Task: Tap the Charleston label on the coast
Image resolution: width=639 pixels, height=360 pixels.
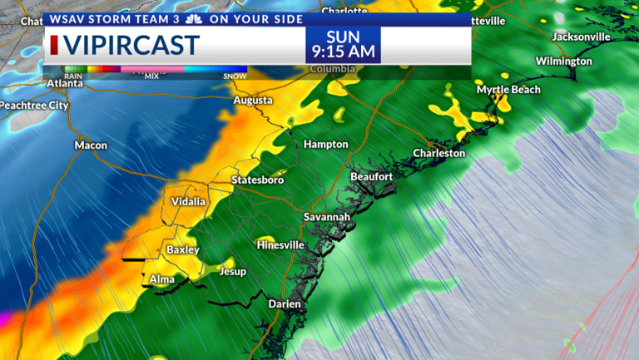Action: pos(439,154)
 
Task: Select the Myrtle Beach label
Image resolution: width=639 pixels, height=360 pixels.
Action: pos(508,90)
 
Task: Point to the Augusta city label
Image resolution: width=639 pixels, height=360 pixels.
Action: pos(253,101)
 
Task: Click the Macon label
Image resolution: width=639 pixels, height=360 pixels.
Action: pos(91,145)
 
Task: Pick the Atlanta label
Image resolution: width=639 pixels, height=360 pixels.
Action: pos(65,83)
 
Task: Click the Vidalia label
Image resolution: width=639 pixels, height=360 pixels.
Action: pos(188,203)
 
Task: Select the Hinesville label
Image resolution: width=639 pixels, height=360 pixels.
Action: pos(280,245)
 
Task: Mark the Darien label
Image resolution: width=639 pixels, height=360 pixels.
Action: pos(284,304)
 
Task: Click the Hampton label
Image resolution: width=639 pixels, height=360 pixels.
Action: pos(325,145)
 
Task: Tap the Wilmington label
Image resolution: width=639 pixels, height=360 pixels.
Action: pos(563,62)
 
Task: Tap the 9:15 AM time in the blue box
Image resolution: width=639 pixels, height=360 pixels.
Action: pos(343,52)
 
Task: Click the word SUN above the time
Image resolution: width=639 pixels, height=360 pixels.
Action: pos(343,35)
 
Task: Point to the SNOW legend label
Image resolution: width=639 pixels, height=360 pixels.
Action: pos(235,76)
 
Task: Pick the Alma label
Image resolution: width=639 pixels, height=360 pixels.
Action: pos(161,279)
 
